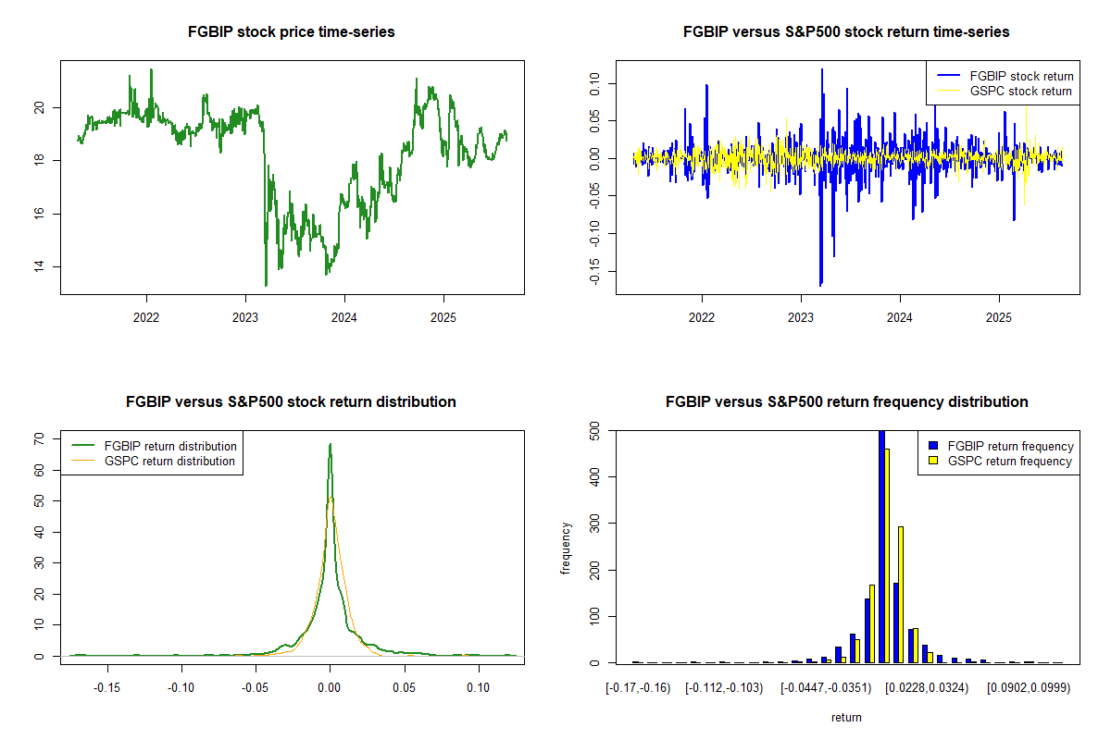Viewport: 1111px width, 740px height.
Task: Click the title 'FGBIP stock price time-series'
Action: (292, 32)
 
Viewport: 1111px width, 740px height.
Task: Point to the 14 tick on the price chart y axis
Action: (38, 266)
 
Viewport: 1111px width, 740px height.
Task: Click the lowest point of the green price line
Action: (266, 285)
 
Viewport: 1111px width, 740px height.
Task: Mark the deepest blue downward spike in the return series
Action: (820, 284)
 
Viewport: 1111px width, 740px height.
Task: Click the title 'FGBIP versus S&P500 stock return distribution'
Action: (291, 402)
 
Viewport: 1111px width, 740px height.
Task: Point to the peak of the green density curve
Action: (330, 445)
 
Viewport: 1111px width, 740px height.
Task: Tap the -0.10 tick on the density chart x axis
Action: (181, 687)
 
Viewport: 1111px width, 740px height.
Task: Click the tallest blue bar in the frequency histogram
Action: (881, 546)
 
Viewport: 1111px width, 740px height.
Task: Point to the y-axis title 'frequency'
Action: (566, 549)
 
